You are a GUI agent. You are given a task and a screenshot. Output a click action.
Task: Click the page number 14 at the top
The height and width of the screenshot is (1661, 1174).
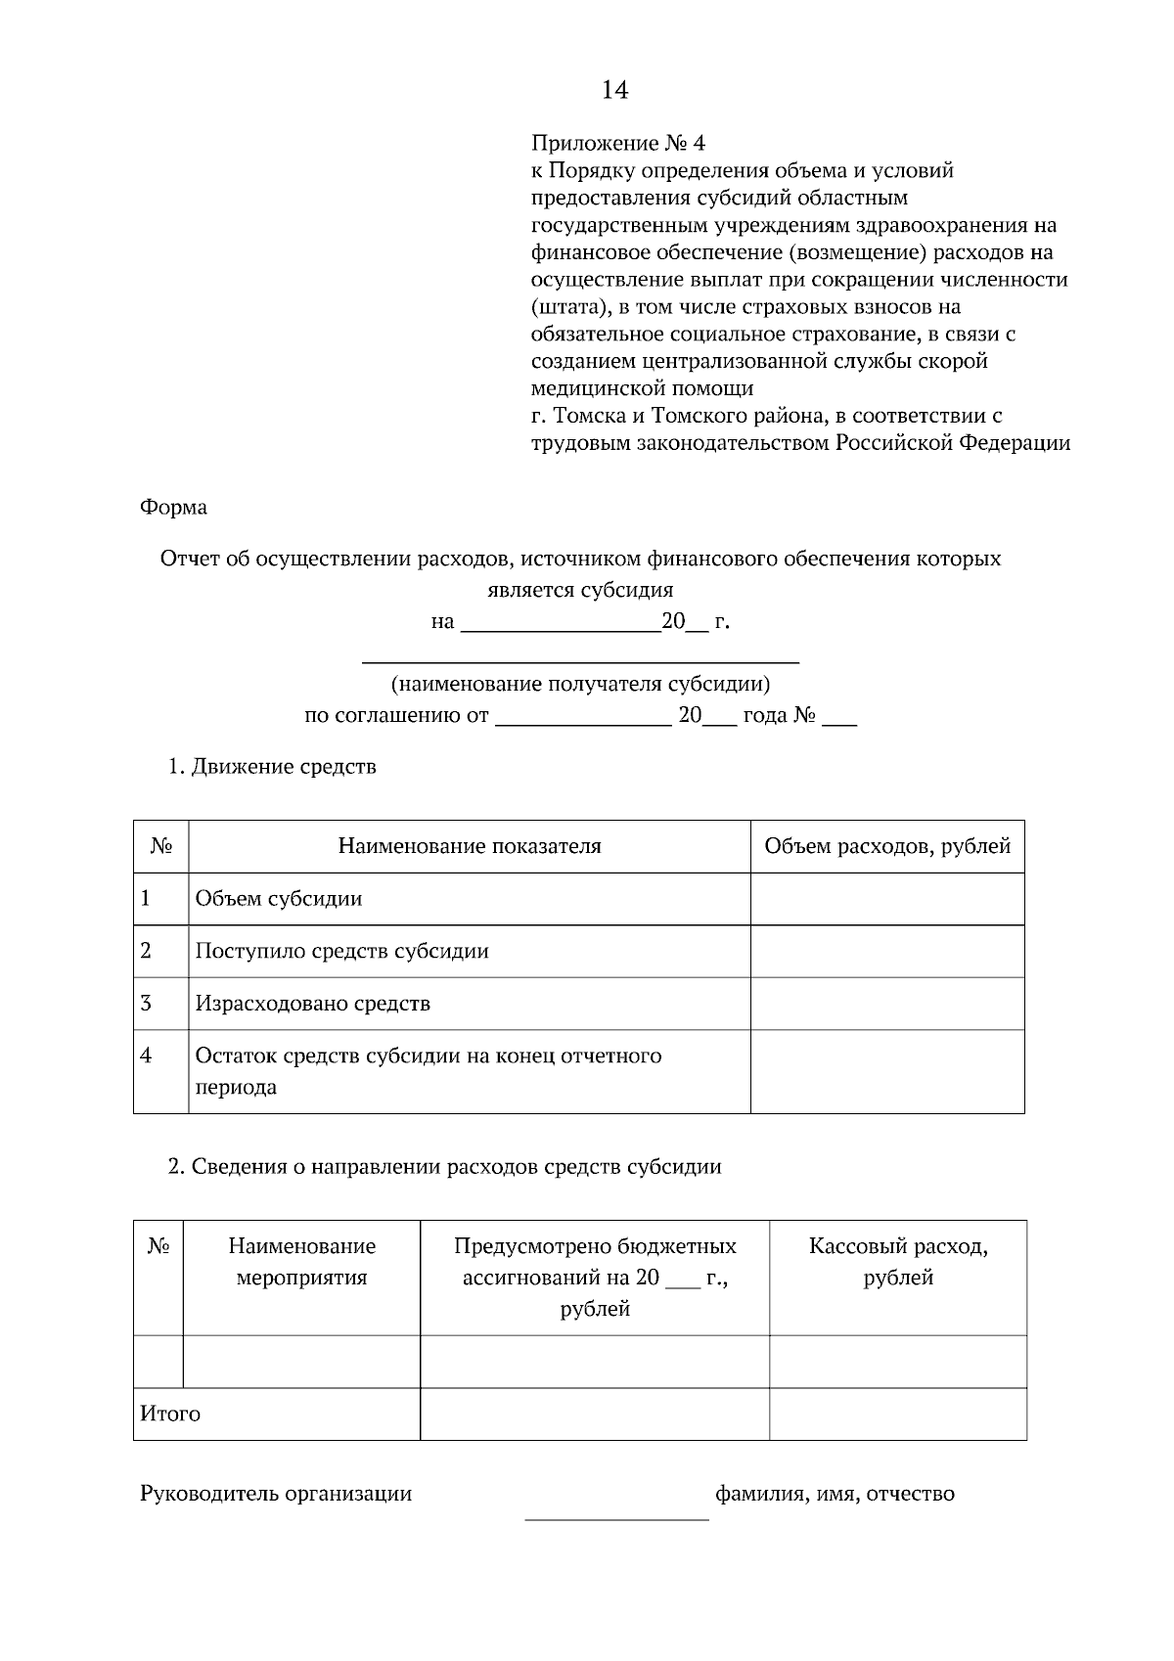614,91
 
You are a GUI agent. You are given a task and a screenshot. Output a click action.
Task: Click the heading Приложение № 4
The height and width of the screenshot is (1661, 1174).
617,144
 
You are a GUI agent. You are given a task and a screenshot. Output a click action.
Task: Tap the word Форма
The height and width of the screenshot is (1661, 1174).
173,508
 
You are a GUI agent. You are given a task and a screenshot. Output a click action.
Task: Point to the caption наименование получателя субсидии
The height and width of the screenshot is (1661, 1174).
580,684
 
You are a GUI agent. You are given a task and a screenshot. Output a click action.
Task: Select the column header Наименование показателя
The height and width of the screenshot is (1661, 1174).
470,847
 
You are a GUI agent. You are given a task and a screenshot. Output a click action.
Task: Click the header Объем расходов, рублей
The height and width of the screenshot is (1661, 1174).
886,847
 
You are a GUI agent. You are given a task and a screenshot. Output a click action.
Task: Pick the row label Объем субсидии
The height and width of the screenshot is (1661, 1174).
279,899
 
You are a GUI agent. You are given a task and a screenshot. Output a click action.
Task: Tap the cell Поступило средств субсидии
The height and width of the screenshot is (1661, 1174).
341,952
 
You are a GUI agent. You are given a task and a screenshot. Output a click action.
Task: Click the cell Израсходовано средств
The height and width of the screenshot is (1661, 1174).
312,1004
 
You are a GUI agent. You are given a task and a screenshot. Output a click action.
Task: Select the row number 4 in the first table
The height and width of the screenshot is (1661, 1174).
147,1056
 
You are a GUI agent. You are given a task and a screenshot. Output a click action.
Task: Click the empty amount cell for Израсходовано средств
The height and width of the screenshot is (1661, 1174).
886,1004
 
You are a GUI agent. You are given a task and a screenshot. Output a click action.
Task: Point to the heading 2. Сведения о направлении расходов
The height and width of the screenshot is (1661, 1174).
444,1167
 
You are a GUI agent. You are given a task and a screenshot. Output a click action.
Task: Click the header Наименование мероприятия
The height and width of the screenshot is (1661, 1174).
301,1262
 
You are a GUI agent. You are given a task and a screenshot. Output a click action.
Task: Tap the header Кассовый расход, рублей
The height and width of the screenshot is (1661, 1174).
897,1262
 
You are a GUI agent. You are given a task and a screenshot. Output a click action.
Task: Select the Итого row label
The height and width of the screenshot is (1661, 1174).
170,1414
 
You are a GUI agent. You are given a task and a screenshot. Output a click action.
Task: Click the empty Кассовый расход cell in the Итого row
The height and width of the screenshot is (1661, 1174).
897,1414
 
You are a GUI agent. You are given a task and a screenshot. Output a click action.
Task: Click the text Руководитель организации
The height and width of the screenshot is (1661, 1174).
276,1495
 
